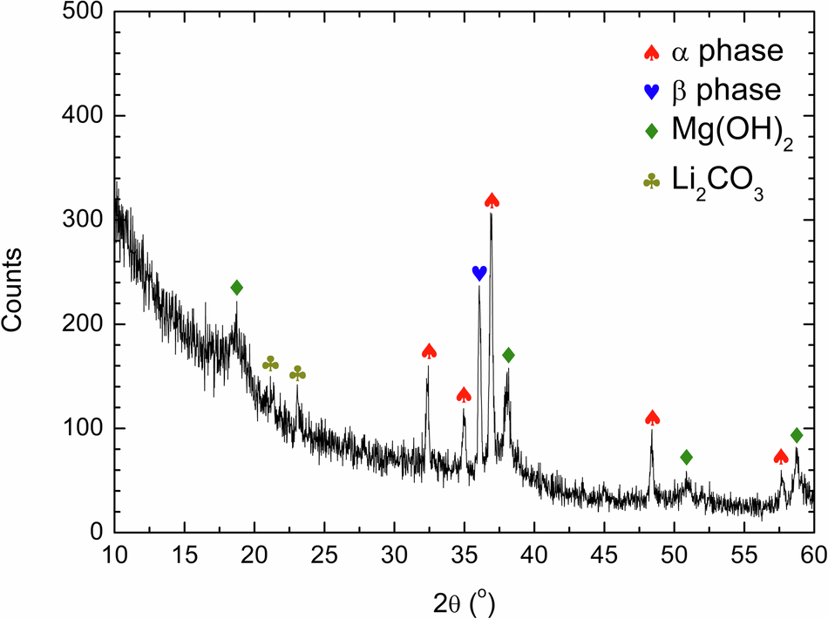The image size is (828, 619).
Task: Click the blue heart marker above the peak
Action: tap(478, 273)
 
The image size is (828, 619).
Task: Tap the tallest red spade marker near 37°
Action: tap(492, 201)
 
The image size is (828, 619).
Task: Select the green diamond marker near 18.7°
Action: tap(236, 288)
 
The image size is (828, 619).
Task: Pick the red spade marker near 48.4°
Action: tap(653, 418)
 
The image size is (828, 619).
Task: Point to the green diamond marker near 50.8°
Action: tap(686, 457)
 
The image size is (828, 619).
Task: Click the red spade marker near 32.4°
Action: tap(429, 351)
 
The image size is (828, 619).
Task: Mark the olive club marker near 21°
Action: tap(270, 363)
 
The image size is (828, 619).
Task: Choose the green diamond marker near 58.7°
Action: tap(797, 435)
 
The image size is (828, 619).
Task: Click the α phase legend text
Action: tap(727, 52)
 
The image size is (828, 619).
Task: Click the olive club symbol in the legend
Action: tap(650, 182)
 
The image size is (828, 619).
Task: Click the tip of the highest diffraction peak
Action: tap(492, 214)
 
